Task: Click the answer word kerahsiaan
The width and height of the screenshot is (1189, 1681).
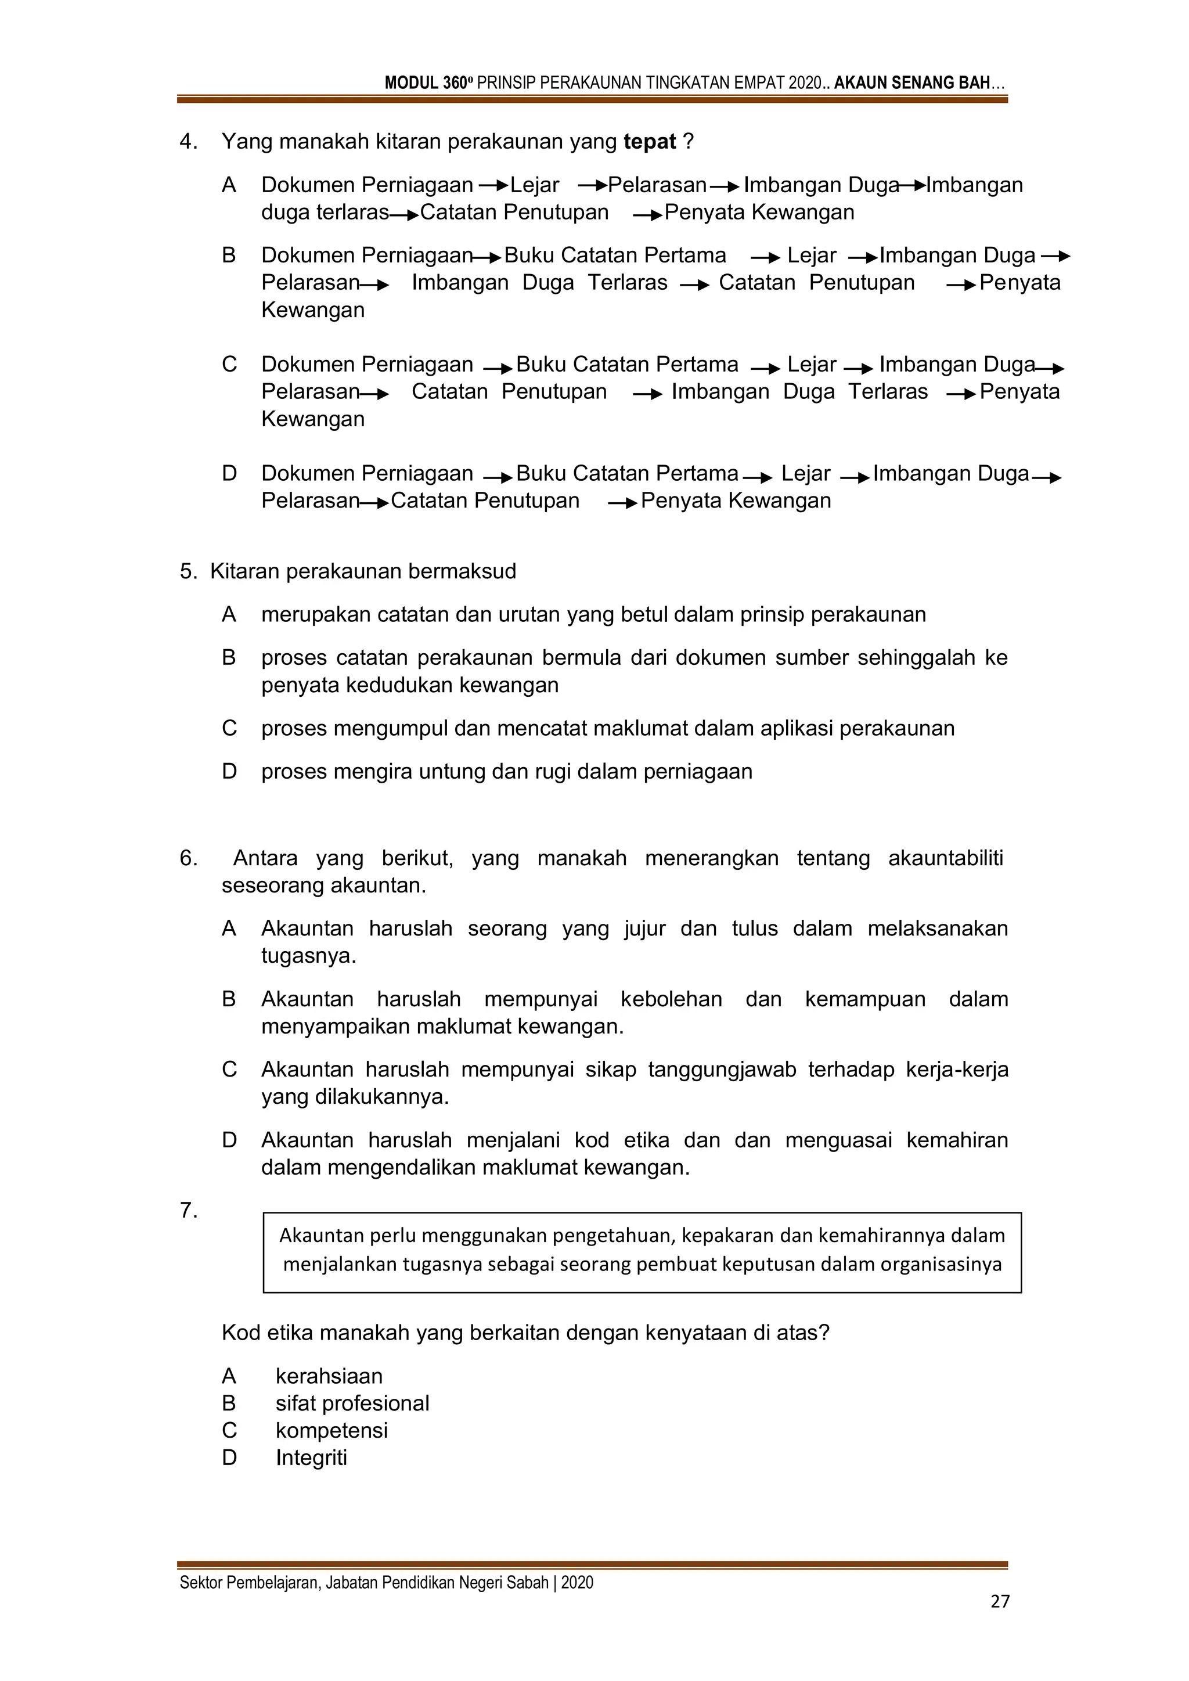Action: (x=329, y=1376)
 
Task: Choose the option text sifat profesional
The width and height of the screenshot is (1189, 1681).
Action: (x=352, y=1403)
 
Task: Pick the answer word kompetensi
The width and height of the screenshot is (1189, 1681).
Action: (x=332, y=1430)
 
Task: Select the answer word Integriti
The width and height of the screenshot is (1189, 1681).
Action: (x=311, y=1457)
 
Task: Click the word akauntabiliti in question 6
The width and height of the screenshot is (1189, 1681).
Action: (x=945, y=858)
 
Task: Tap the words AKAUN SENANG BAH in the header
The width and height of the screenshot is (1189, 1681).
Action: (x=911, y=82)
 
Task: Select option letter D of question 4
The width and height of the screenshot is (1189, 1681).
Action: (x=229, y=474)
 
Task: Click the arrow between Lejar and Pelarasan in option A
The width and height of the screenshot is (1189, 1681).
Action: (x=592, y=185)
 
